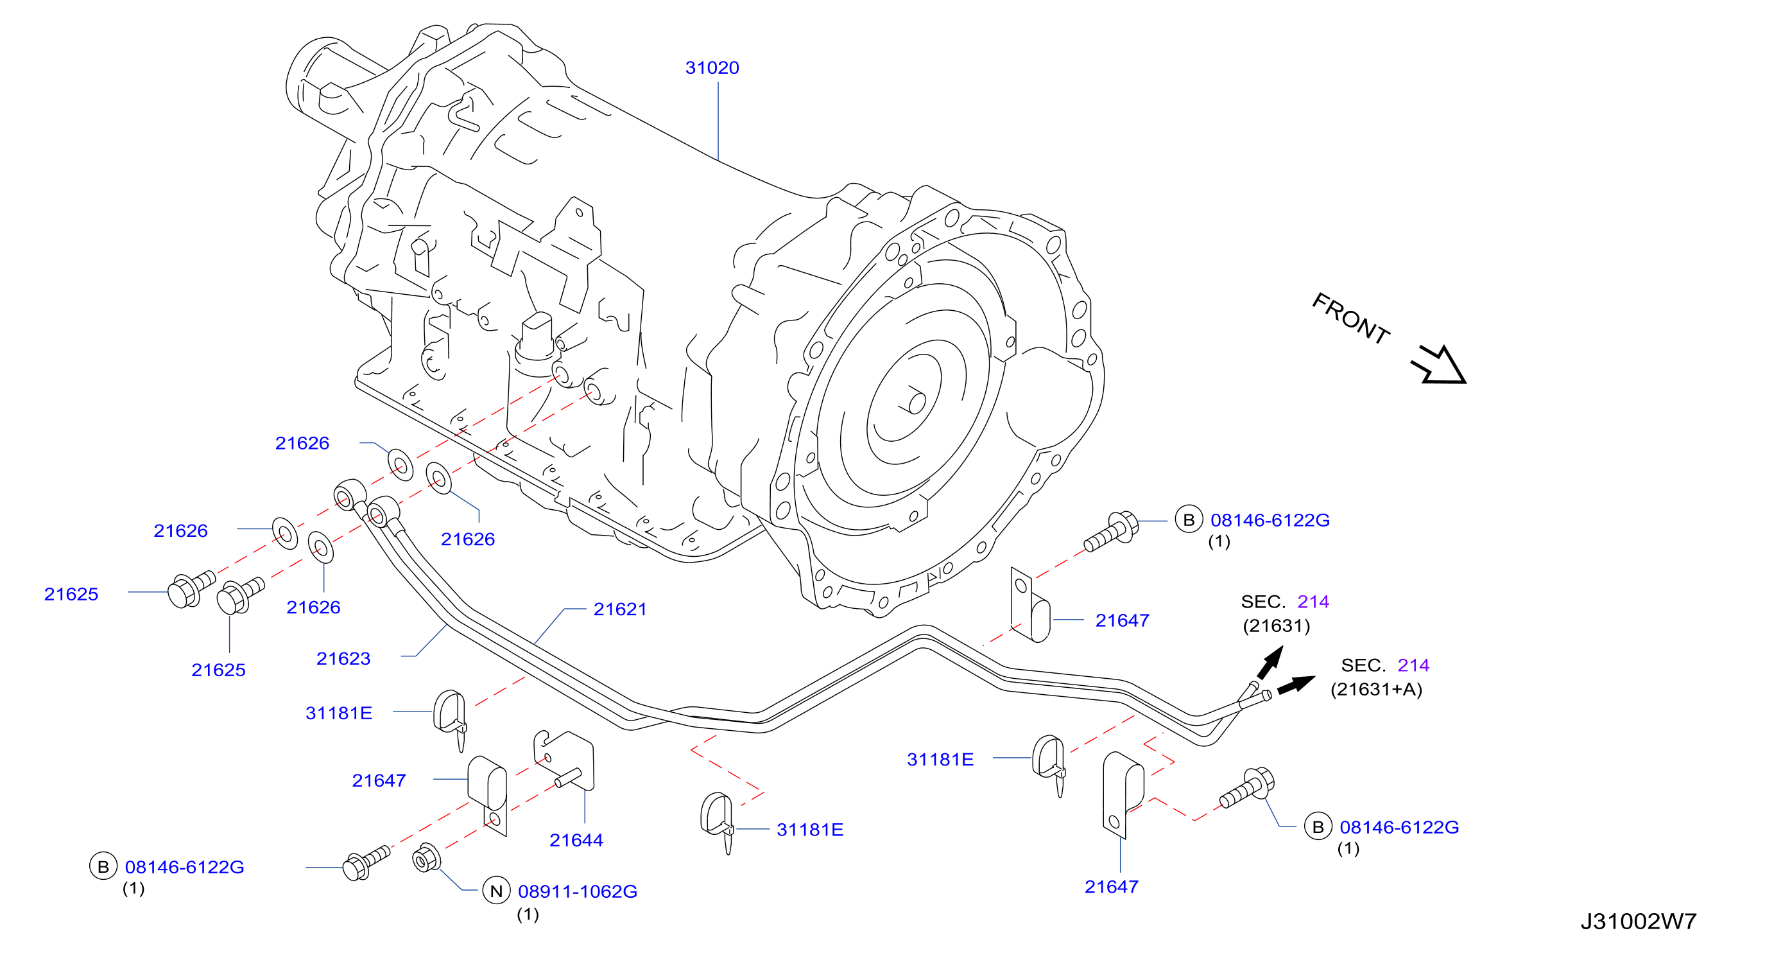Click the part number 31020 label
[x=712, y=68]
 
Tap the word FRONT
[x=1350, y=317]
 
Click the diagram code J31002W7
[x=1639, y=921]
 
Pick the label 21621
[x=620, y=609]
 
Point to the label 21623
[x=343, y=658]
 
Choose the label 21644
[x=576, y=840]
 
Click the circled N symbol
[x=497, y=891]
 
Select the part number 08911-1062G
[x=578, y=891]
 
